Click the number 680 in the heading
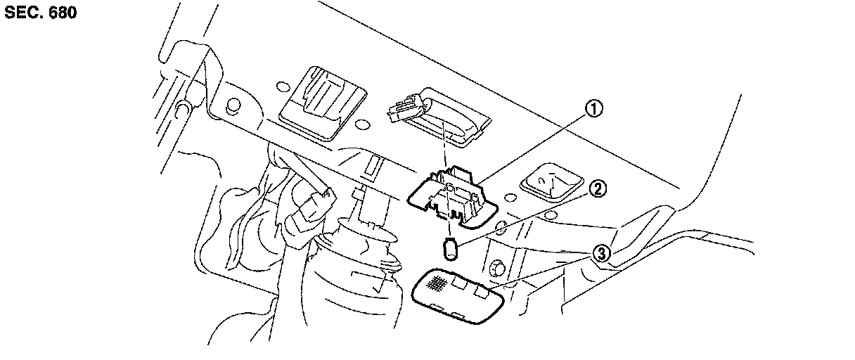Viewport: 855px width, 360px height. pyautogui.click(x=61, y=13)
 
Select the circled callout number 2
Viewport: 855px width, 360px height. pyautogui.click(x=598, y=188)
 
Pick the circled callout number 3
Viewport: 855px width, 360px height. pyautogui.click(x=601, y=253)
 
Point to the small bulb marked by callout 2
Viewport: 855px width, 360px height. pyautogui.click(x=451, y=247)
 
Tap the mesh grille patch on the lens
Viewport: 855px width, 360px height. pyautogui.click(x=437, y=283)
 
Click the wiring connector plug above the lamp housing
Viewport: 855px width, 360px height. pyautogui.click(x=406, y=109)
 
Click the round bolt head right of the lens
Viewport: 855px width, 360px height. pyautogui.click(x=497, y=267)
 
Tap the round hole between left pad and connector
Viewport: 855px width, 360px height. pyautogui.click(x=363, y=124)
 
